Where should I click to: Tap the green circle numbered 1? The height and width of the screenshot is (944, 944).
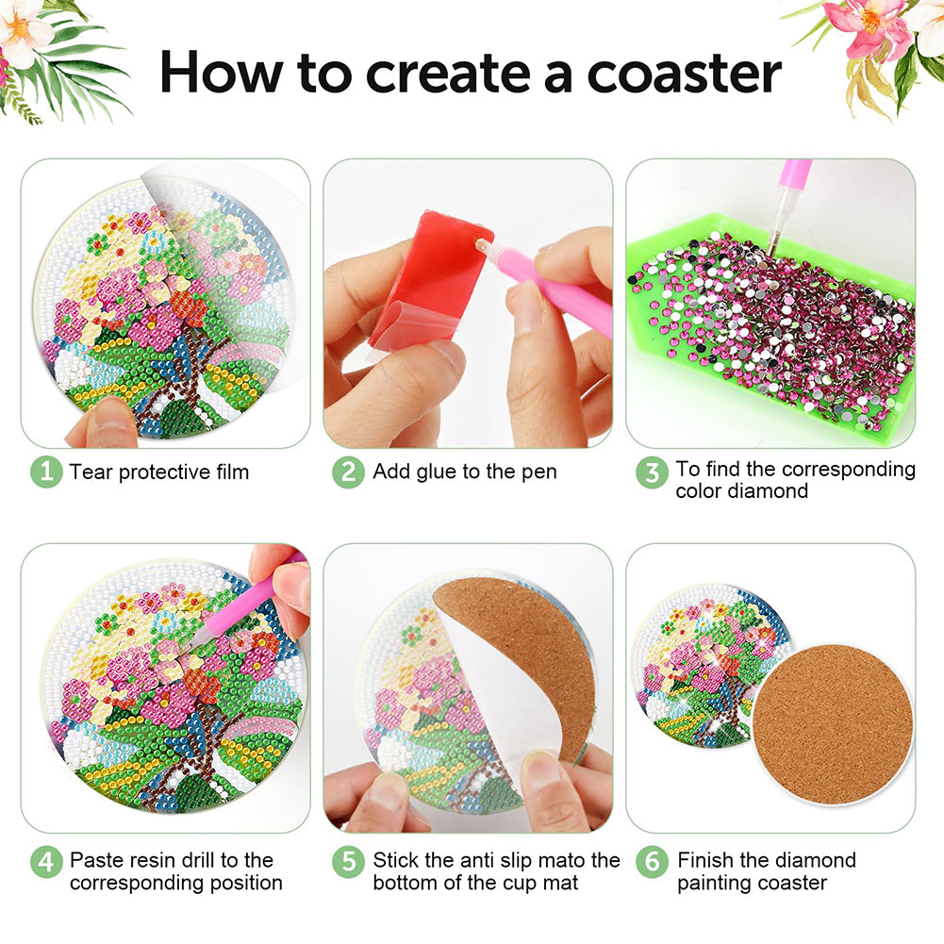[46, 472]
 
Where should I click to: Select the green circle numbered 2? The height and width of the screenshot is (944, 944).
[349, 472]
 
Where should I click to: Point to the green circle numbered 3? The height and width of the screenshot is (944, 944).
[652, 472]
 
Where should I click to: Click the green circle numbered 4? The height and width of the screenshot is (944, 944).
[46, 862]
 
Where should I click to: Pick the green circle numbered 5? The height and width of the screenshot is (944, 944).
[349, 862]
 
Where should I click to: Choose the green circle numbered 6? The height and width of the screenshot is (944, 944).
[652, 862]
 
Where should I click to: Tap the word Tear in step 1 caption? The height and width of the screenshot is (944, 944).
[91, 472]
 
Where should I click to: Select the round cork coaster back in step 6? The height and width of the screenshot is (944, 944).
[834, 725]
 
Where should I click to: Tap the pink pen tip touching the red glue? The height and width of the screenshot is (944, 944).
[482, 245]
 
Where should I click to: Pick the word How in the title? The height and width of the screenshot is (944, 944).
[220, 73]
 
